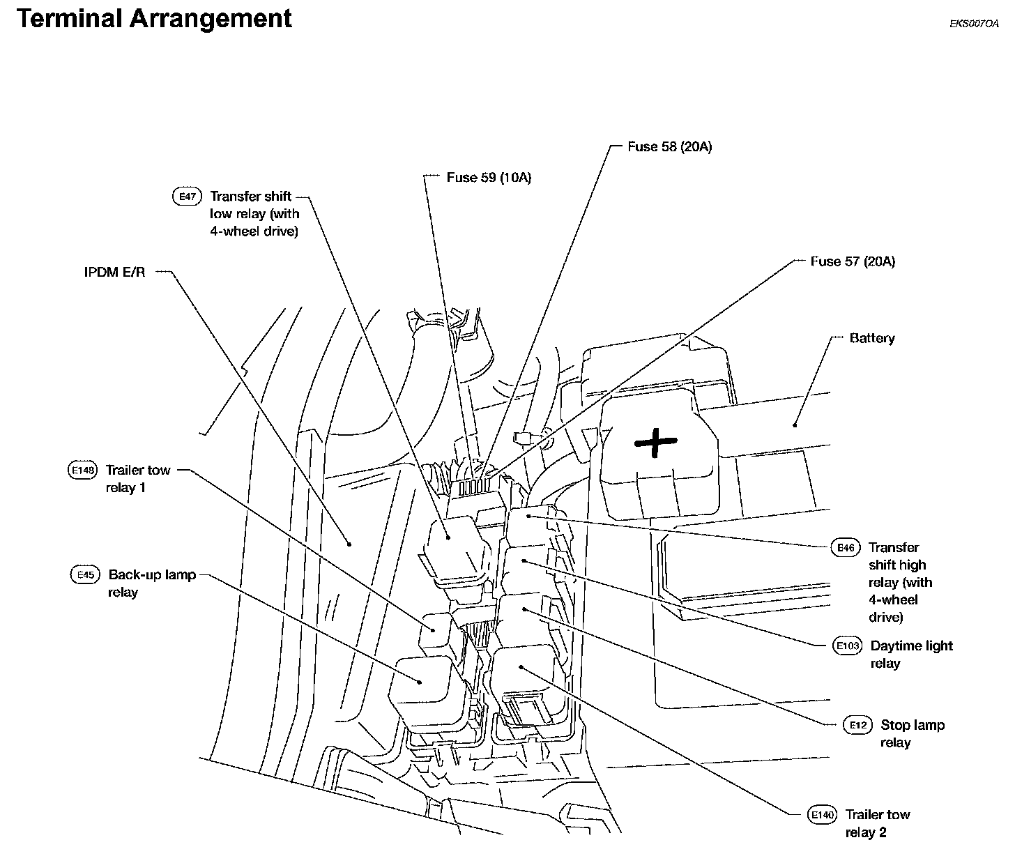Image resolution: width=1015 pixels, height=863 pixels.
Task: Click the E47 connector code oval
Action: (186, 197)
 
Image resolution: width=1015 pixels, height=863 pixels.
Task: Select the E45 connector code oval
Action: (85, 575)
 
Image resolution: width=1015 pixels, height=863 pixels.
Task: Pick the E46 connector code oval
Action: (846, 548)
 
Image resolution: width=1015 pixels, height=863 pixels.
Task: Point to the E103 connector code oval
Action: (848, 646)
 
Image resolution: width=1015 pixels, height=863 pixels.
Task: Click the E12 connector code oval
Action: (857, 726)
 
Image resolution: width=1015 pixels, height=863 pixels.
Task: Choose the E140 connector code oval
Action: (822, 815)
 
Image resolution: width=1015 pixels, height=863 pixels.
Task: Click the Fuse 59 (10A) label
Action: (489, 178)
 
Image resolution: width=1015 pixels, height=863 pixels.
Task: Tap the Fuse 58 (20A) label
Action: (669, 147)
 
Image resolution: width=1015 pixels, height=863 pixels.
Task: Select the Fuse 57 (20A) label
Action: (853, 261)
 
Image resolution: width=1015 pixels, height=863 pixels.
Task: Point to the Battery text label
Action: (871, 338)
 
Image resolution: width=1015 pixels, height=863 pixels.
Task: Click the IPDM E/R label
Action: (115, 273)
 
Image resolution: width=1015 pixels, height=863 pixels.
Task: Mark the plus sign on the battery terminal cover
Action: (655, 443)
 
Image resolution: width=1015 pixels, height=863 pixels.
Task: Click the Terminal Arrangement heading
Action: (154, 19)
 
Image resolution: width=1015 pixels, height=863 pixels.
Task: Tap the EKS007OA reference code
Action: (974, 24)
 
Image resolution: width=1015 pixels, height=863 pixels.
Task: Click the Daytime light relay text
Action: (910, 655)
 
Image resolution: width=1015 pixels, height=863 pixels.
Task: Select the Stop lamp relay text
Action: (912, 734)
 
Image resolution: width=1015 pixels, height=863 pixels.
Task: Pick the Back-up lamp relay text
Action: (151, 583)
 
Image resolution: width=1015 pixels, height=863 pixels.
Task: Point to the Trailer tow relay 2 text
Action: (877, 823)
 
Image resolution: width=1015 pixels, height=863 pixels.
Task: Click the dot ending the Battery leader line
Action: (794, 424)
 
